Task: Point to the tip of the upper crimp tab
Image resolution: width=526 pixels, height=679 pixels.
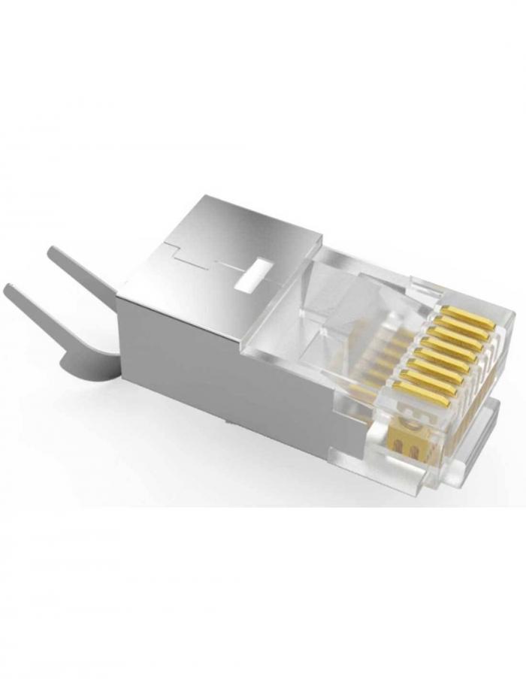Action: (54, 254)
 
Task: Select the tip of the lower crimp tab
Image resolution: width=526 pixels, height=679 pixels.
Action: (11, 291)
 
